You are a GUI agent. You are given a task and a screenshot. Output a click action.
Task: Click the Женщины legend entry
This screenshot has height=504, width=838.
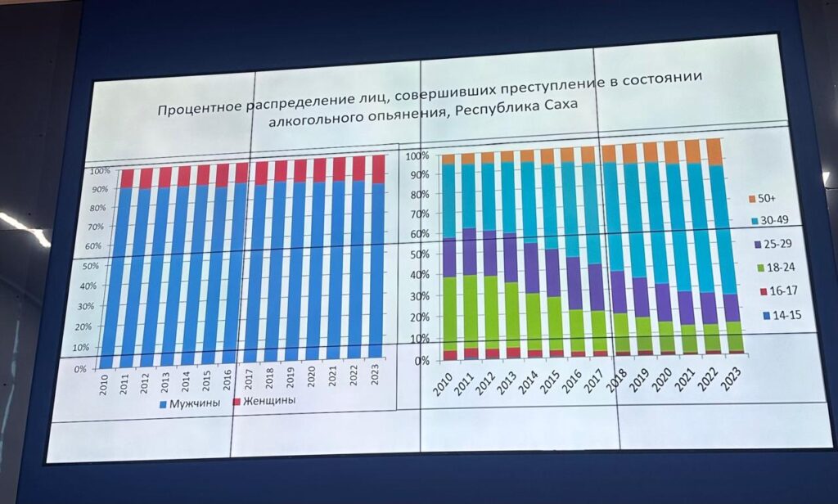(x=263, y=402)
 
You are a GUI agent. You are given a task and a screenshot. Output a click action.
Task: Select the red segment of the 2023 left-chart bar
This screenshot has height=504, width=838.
(x=378, y=169)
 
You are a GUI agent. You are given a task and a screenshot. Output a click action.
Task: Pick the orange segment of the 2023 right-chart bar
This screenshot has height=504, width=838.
(x=714, y=152)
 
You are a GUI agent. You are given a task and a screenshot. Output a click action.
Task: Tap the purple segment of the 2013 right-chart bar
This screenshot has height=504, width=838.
(x=511, y=258)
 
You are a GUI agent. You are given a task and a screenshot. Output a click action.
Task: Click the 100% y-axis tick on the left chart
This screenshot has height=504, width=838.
(x=99, y=171)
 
